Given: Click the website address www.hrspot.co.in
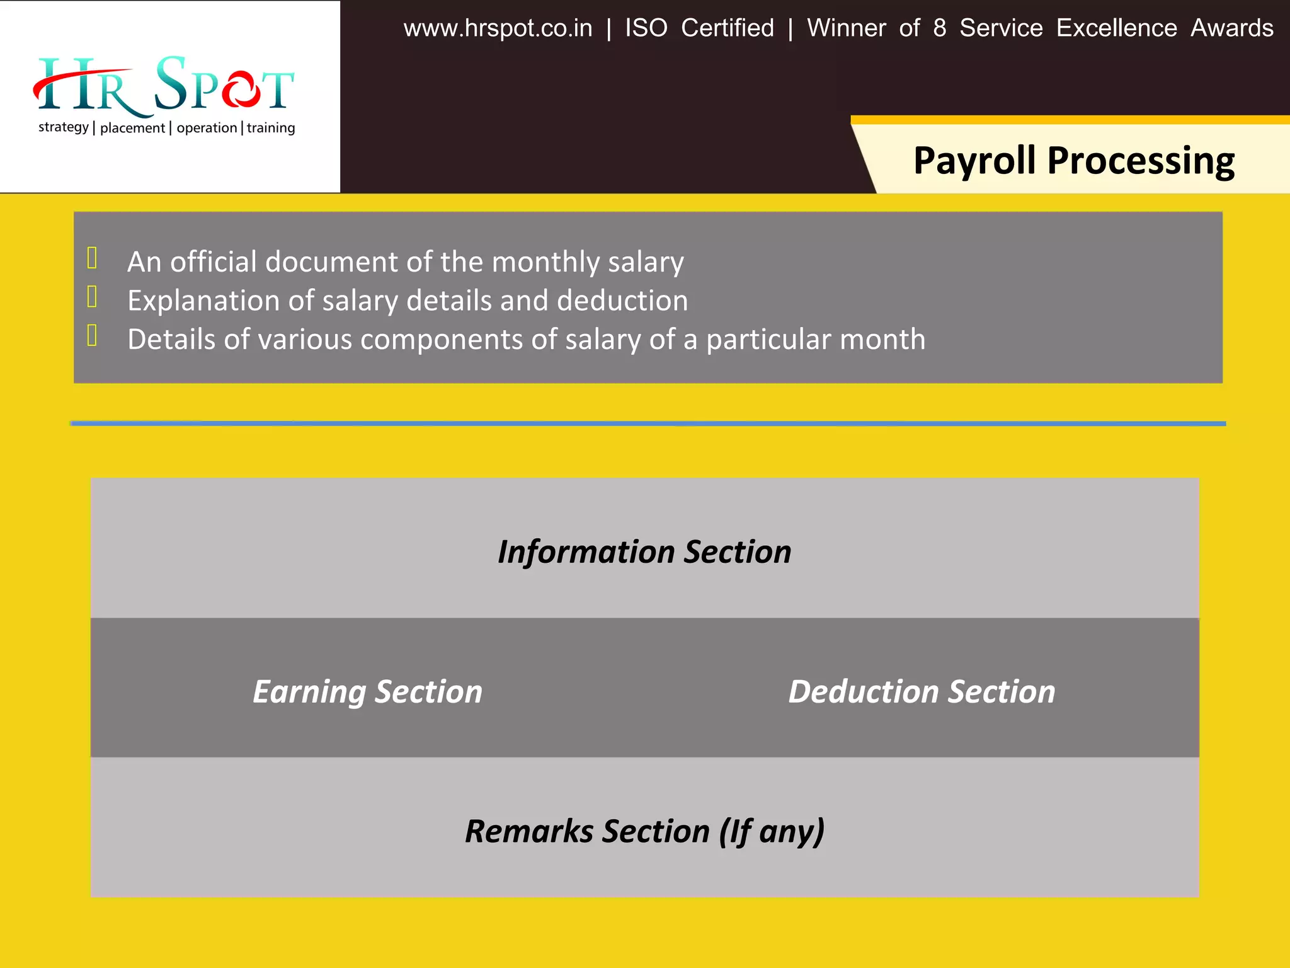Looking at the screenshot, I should [x=498, y=28].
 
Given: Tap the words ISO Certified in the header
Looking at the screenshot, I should [x=699, y=28].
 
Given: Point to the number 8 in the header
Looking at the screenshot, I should [x=939, y=28].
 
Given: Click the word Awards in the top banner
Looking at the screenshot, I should [x=1231, y=28].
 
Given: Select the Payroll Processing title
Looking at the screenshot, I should [x=1073, y=161].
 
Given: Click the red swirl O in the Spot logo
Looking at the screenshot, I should [x=241, y=89].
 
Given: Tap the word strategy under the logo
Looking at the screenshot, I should [x=63, y=127].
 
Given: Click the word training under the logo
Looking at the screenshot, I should [x=271, y=128].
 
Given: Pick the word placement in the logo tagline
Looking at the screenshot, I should [x=132, y=128].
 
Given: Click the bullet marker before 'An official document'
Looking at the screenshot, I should [x=92, y=258].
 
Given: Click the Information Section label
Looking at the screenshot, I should [x=644, y=552].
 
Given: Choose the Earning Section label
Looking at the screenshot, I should [x=367, y=691].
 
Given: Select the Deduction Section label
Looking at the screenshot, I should [x=922, y=691].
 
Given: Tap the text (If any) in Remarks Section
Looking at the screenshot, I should [x=772, y=831].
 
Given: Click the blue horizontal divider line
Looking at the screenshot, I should [x=648, y=423].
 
